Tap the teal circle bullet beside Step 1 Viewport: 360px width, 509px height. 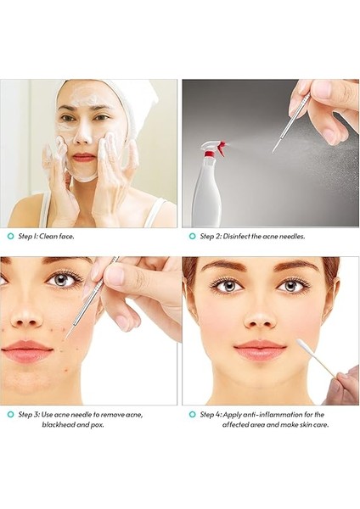9,236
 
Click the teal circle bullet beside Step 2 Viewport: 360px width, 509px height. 192,236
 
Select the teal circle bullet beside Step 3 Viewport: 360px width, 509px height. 9,414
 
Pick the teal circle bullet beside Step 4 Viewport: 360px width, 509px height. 192,414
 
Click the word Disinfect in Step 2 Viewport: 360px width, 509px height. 242,236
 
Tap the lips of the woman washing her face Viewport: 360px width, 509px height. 83,157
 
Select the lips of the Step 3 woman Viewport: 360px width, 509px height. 28,351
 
